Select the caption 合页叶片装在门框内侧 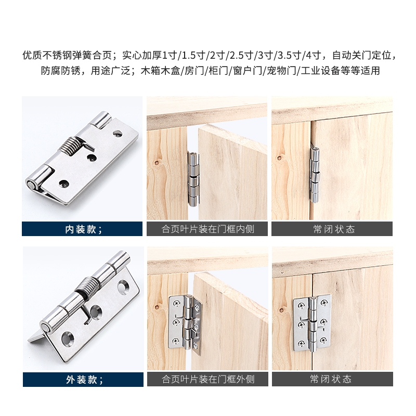[208, 229]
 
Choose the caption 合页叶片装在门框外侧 [209, 379]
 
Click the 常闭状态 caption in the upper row [334, 229]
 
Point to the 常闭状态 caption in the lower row [331, 379]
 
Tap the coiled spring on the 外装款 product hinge [86, 287]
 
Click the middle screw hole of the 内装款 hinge [92, 158]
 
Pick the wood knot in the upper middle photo [157, 162]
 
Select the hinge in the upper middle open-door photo [193, 178]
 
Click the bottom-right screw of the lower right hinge [323, 340]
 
